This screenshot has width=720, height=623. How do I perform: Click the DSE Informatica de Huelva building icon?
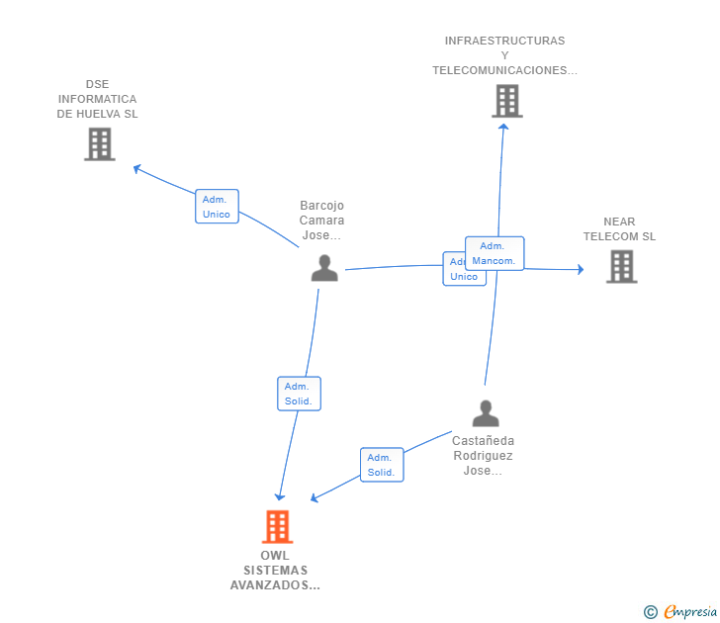(x=99, y=144)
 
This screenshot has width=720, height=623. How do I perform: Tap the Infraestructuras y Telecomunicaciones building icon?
(x=506, y=101)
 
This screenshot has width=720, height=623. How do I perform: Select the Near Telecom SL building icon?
(x=621, y=266)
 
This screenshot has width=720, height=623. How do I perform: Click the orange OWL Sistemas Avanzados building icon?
(x=277, y=527)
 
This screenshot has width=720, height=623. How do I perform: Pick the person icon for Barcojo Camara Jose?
(x=324, y=268)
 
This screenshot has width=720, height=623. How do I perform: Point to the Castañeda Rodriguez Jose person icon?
(x=485, y=412)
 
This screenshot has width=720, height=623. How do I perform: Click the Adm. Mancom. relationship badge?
(x=495, y=253)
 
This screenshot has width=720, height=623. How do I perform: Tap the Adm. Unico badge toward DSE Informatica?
(x=217, y=207)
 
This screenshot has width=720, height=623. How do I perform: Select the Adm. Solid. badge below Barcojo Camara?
(x=299, y=394)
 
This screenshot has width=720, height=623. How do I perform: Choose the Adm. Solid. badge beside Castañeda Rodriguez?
(x=381, y=465)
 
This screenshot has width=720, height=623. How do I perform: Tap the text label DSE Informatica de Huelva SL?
(x=98, y=99)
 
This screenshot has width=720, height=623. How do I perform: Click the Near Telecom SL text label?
(x=619, y=229)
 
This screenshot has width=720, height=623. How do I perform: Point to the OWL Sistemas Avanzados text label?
(x=276, y=571)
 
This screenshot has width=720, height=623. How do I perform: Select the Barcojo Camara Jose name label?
(x=321, y=221)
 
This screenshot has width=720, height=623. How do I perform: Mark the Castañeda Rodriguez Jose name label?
(x=484, y=456)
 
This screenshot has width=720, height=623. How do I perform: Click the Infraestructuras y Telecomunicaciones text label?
(x=504, y=55)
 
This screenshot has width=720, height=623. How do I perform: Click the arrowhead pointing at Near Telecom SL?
(x=580, y=269)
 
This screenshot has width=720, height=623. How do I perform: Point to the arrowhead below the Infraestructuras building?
(x=503, y=126)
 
